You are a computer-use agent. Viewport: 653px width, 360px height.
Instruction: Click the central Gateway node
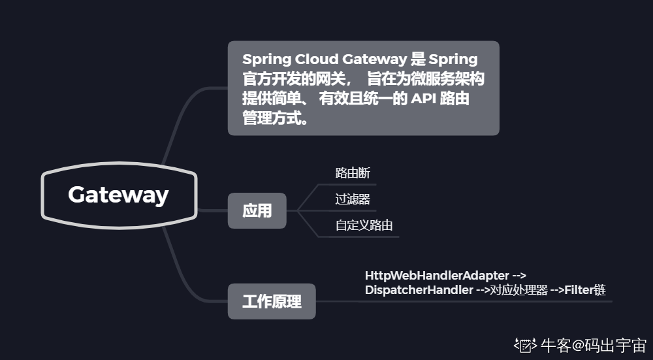[x=118, y=195]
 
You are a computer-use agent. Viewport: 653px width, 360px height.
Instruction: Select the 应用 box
[x=257, y=210]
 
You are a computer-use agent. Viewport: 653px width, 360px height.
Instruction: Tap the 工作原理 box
[x=272, y=301]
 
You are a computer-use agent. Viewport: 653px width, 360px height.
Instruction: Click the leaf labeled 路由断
[x=353, y=173]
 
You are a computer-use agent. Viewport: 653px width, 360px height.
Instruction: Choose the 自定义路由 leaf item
[x=364, y=225]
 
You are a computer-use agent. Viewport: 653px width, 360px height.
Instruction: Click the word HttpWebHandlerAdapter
[x=436, y=276]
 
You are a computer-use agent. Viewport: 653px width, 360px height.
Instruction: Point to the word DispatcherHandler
[x=419, y=290]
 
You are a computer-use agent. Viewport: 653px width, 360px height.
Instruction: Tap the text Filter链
[x=585, y=290]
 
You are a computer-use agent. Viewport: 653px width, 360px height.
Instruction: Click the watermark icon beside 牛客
[x=525, y=345]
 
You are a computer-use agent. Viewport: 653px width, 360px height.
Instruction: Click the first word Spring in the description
[x=268, y=60]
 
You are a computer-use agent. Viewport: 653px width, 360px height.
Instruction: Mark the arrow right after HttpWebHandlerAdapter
[x=519, y=276]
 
